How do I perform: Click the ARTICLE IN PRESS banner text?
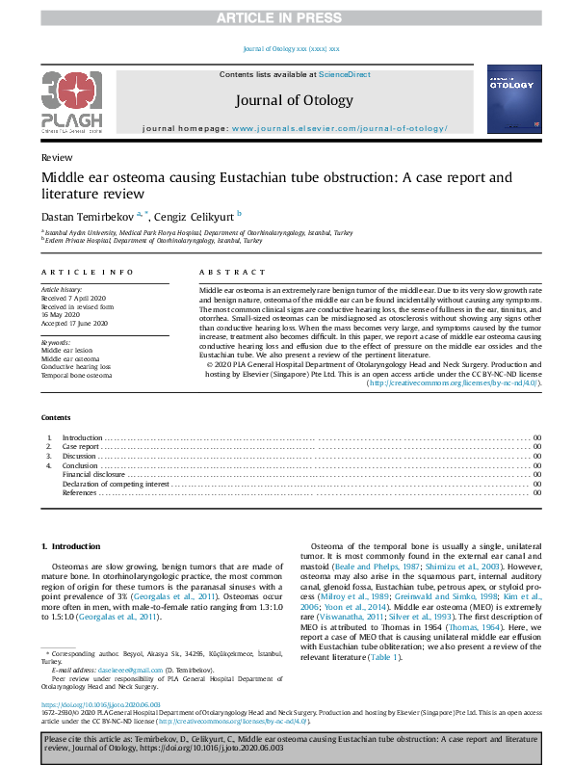coord(286,17)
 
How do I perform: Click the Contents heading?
coord(56,417)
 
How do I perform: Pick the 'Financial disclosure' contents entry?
coord(92,475)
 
